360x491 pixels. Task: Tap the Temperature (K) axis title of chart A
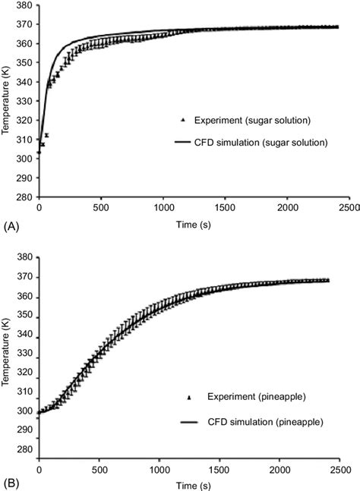point(7,101)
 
